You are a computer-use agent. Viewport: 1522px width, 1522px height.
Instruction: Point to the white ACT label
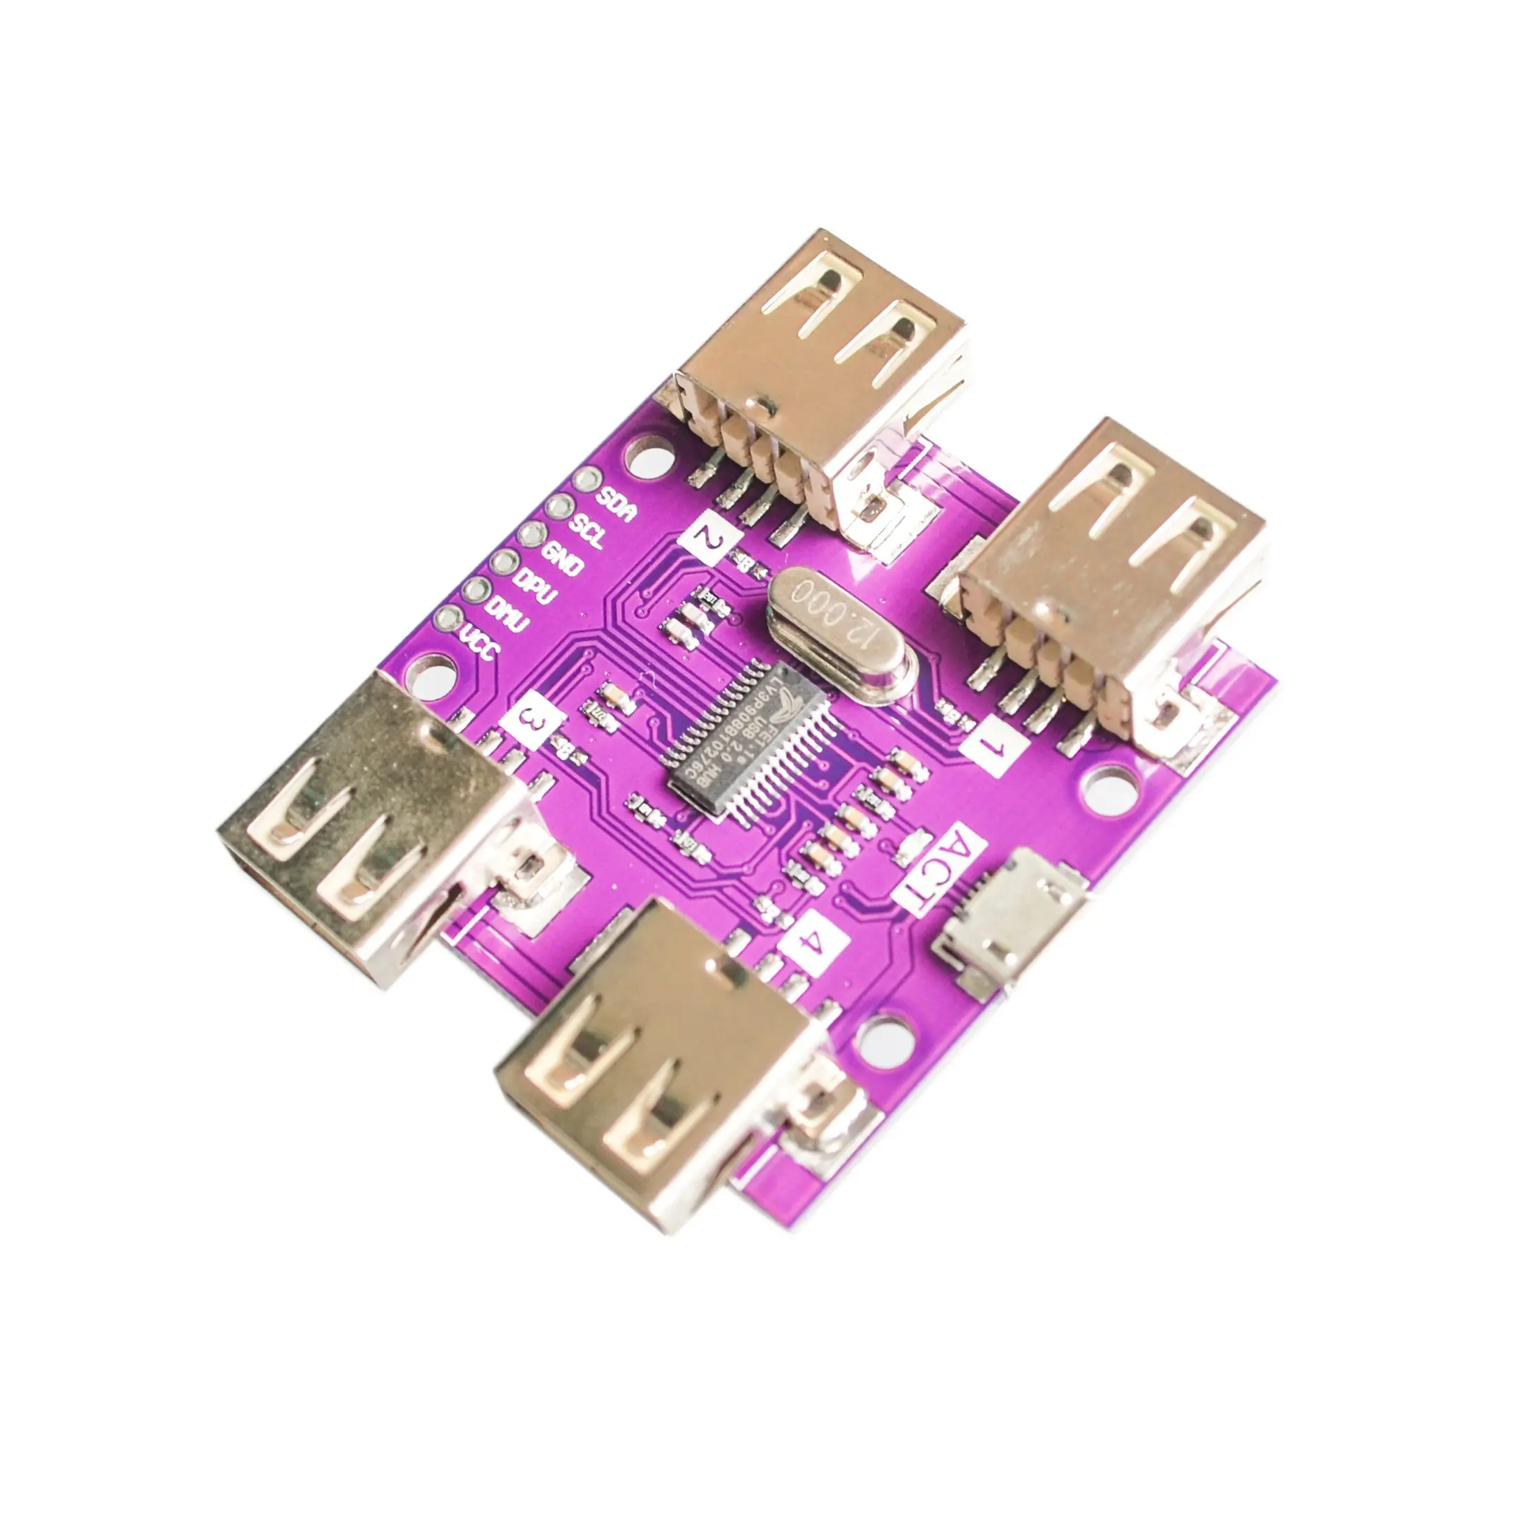943,871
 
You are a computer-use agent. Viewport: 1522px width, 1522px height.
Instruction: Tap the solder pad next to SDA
587,478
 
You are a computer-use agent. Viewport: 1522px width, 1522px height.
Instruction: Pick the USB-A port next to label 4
654,1095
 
